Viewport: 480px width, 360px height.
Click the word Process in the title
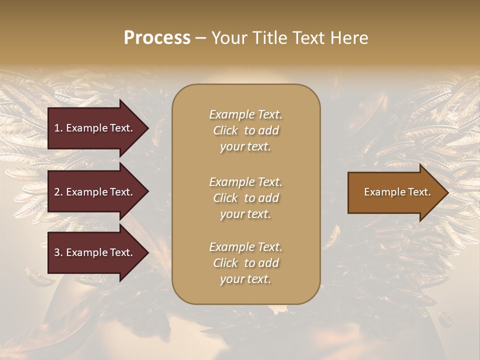point(157,37)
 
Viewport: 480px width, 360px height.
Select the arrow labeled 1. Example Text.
point(93,128)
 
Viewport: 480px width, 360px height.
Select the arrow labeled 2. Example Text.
point(93,192)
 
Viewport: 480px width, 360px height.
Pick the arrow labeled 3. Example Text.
point(93,252)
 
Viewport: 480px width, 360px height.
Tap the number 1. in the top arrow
point(58,128)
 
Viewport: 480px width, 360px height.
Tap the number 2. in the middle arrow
point(58,192)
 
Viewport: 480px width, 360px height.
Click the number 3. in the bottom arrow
point(58,252)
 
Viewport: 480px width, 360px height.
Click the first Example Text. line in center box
point(245,114)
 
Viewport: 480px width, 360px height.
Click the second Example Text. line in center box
point(245,182)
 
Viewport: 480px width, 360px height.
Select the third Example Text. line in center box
point(245,247)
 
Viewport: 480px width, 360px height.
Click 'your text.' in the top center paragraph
point(245,147)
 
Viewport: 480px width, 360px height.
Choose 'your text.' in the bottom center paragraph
point(245,279)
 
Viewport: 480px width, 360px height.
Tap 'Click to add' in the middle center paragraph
point(245,198)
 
